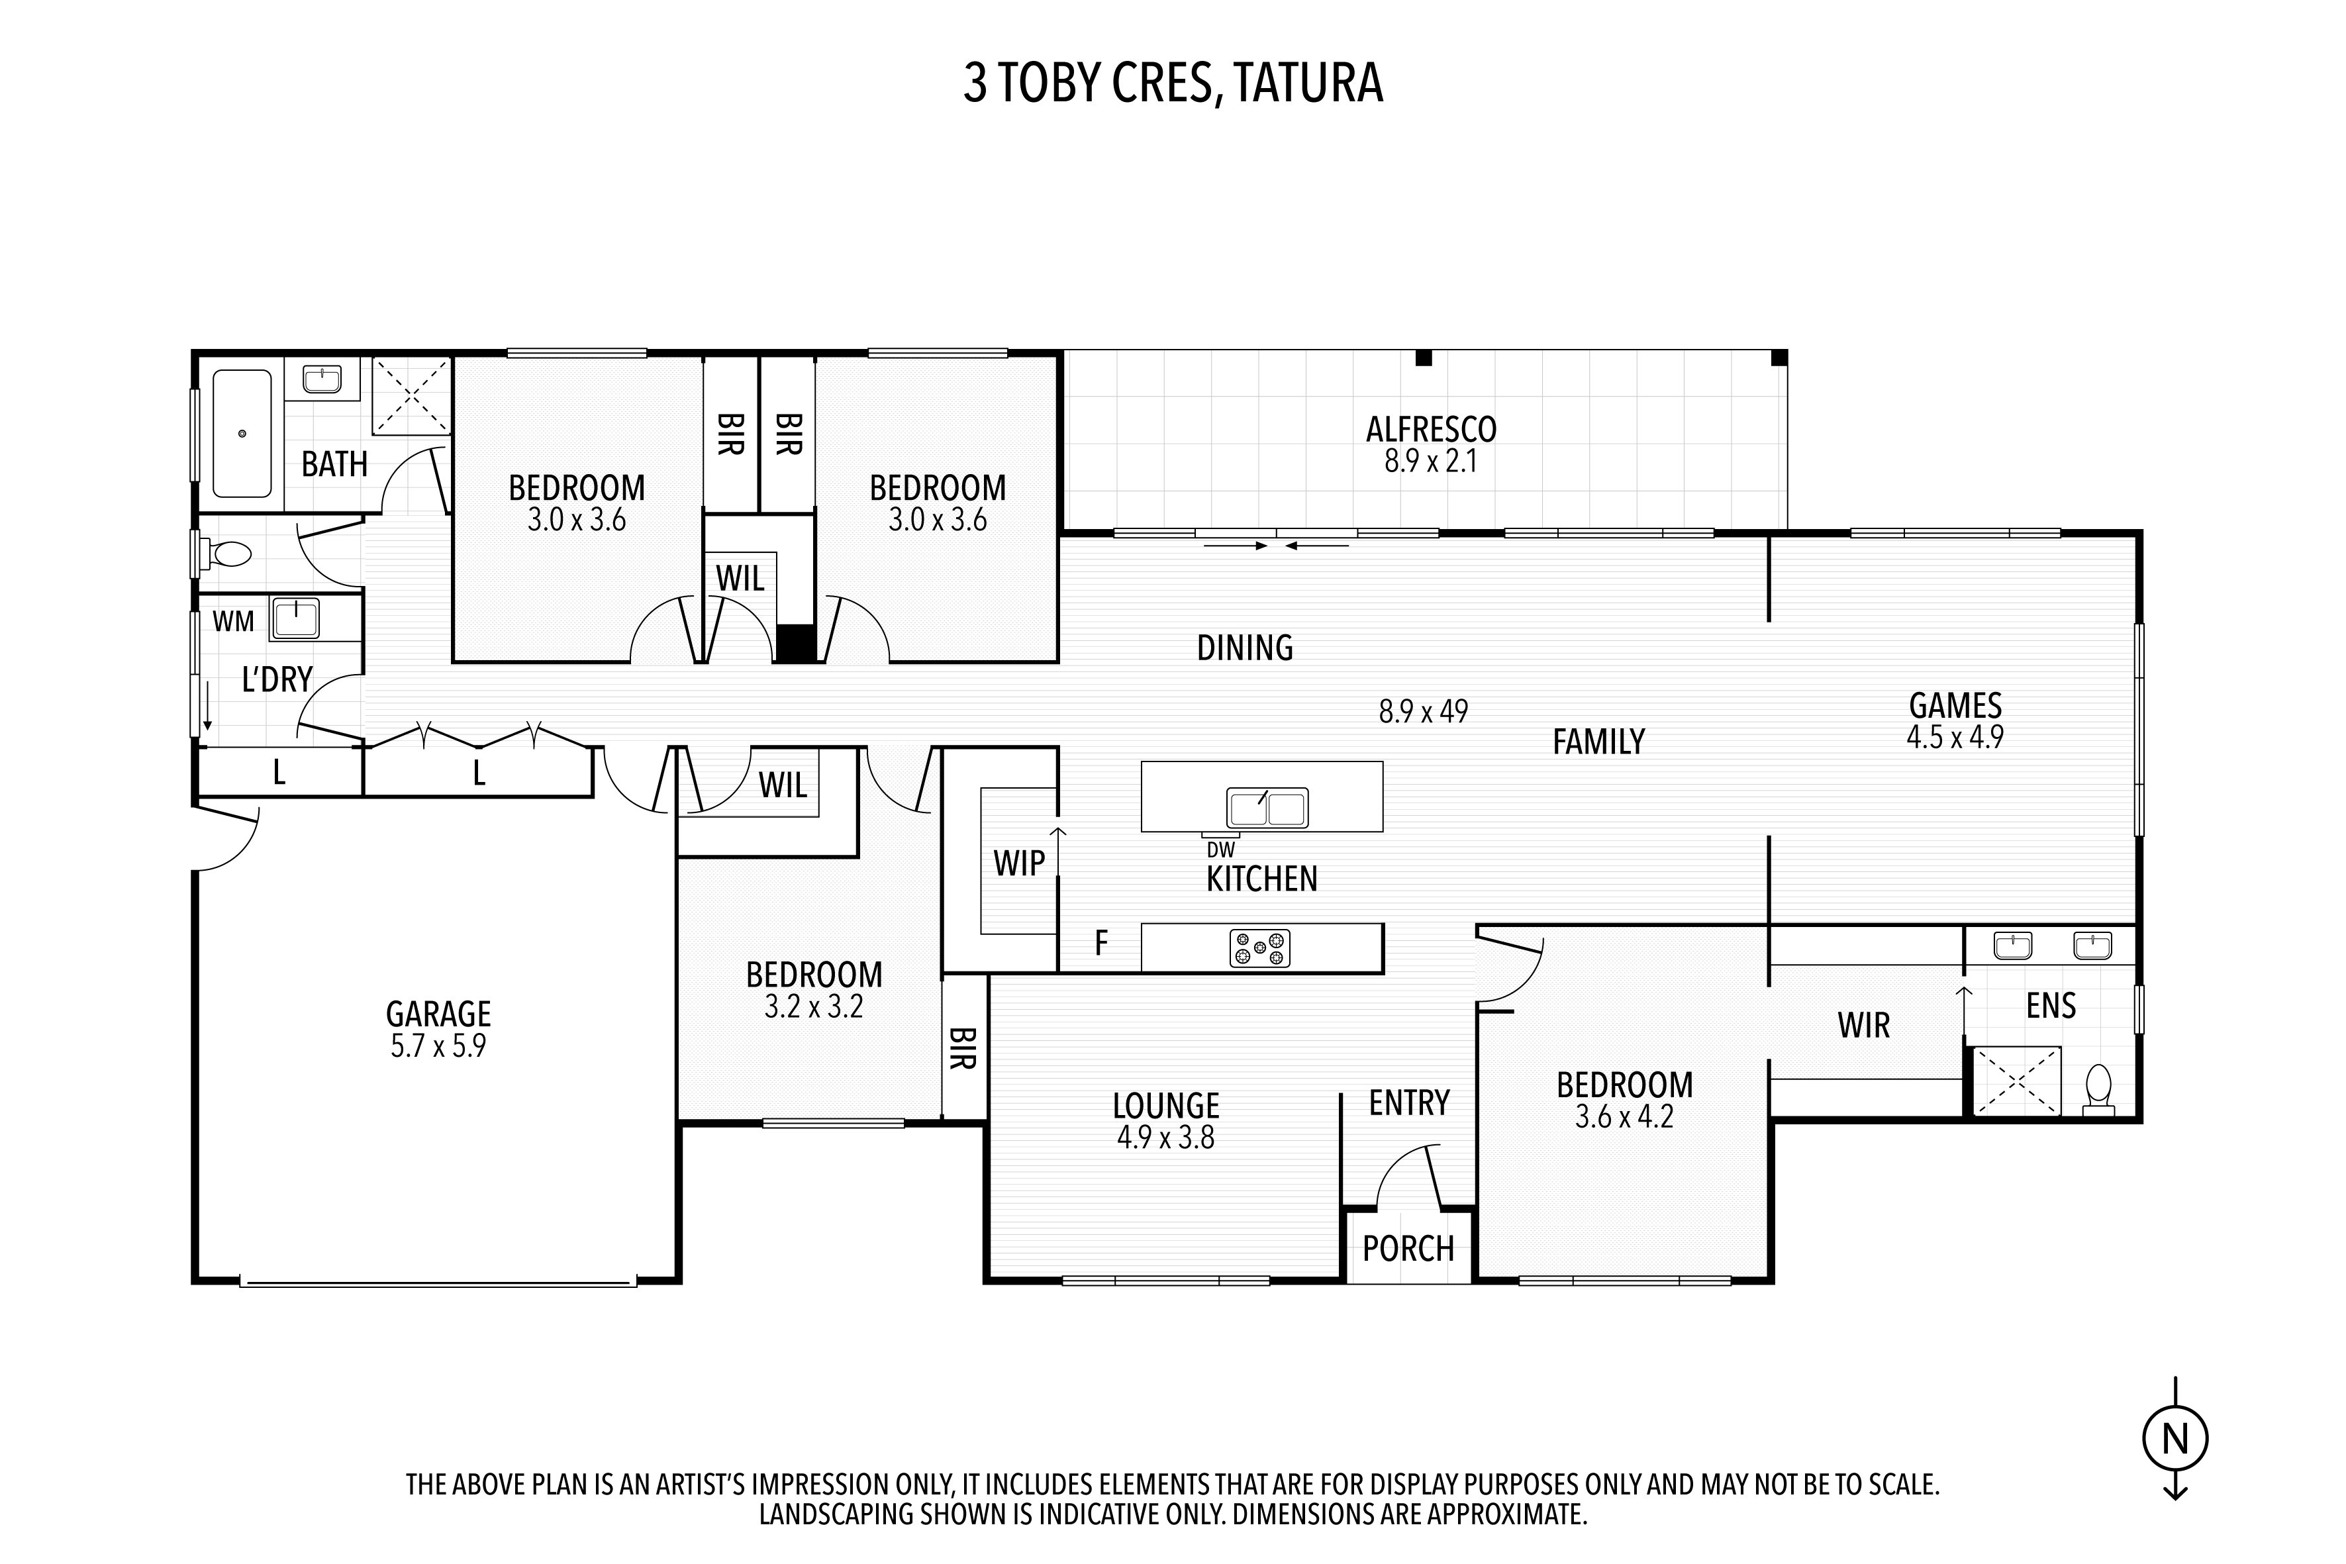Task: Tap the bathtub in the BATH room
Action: [242, 434]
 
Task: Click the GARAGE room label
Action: [439, 1014]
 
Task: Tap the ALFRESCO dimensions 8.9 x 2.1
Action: [1430, 462]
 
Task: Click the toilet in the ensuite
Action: [2098, 1090]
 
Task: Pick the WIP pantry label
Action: [1020, 864]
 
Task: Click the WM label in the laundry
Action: [233, 622]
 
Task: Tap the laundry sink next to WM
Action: [296, 618]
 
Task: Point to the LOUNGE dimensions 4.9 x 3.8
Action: [1166, 1138]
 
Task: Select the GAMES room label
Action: [1955, 707]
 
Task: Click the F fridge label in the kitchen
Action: [1101, 943]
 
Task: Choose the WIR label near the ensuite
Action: [1864, 1026]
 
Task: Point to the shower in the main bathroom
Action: [412, 396]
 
